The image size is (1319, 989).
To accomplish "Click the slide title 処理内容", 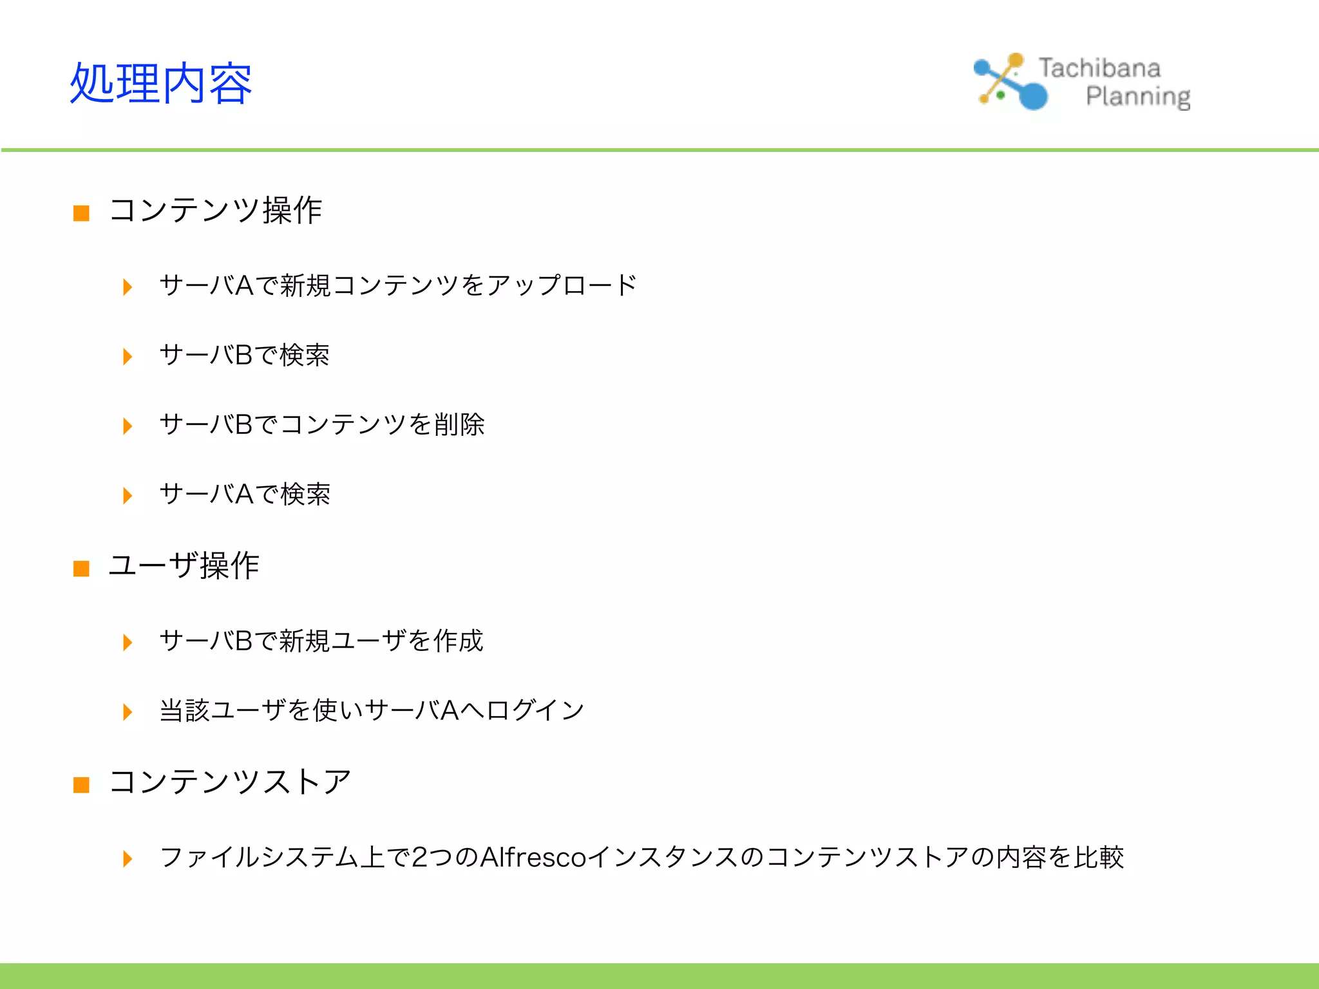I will point(160,84).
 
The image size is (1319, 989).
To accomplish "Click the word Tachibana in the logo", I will point(1099,68).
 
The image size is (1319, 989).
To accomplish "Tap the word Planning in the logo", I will point(1138,97).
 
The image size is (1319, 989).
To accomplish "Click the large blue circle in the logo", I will point(1033,95).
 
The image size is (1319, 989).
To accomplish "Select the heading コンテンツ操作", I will point(216,211).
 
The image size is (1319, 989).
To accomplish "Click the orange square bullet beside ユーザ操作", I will point(81,569).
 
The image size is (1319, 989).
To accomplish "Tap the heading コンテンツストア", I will point(230,782).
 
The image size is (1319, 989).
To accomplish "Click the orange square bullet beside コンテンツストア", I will point(81,785).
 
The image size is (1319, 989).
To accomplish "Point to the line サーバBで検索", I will point(244,355).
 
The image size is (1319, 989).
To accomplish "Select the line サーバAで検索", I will point(245,494).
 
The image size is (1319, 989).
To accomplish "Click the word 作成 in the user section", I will point(458,641).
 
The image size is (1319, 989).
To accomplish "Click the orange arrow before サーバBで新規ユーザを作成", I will point(128,643).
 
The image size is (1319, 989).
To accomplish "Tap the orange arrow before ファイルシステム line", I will point(128,859).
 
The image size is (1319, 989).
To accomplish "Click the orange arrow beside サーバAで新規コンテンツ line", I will point(128,287).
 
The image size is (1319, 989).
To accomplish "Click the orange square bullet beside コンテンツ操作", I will point(81,213).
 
